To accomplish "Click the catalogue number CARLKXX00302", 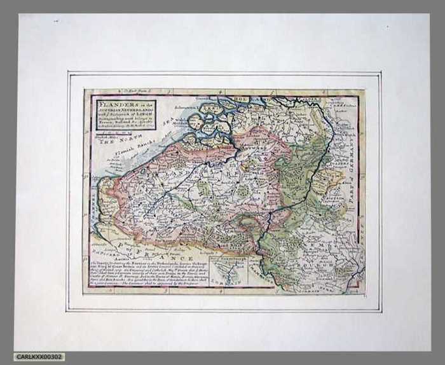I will tap(39, 357).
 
